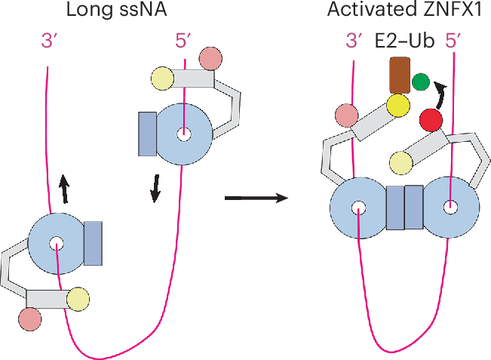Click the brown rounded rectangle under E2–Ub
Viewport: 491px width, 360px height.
pos(399,76)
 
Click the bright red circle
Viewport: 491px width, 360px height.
pos(431,119)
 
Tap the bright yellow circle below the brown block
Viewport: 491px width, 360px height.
pos(398,106)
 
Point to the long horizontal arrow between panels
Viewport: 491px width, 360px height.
pos(257,198)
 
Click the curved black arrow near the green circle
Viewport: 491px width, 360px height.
pos(440,96)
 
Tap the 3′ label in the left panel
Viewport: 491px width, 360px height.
pos(50,42)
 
